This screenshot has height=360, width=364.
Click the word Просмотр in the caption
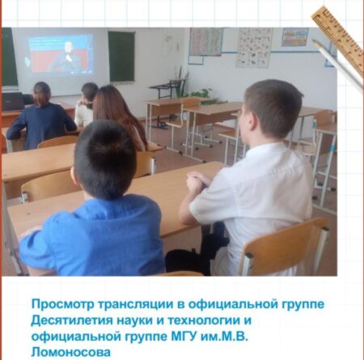[63, 304]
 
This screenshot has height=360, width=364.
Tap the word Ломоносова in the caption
[71, 352]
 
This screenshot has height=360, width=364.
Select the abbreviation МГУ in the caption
[184, 337]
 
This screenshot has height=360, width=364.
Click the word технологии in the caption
[204, 320]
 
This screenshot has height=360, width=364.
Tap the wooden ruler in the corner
[337, 37]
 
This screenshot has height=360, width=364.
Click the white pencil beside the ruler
[338, 64]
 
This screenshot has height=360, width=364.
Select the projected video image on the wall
[61, 54]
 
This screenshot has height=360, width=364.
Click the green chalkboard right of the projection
[121, 56]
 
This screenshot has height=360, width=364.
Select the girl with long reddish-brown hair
[120, 116]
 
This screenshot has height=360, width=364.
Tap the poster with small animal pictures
[254, 48]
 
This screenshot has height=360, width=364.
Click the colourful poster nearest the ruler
[294, 37]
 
